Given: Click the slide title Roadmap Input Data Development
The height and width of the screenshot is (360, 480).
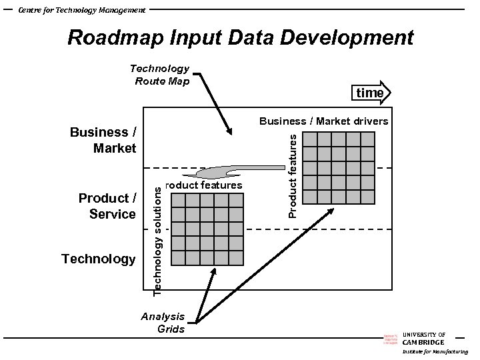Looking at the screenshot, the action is pyautogui.click(x=240, y=37).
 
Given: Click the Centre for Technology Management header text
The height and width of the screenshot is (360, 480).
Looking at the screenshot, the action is pyautogui.click(x=81, y=10).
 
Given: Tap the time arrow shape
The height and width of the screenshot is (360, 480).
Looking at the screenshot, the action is pyautogui.click(x=371, y=93).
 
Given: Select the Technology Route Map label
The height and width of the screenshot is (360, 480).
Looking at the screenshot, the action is pyautogui.click(x=160, y=75).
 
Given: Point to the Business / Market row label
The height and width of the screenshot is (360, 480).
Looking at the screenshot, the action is pyautogui.click(x=103, y=140).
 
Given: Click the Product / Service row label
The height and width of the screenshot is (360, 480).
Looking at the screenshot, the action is pyautogui.click(x=107, y=206).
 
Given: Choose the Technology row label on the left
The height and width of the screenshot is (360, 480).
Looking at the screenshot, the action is pyautogui.click(x=98, y=259).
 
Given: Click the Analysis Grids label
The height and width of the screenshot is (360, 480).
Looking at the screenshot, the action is pyautogui.click(x=163, y=323).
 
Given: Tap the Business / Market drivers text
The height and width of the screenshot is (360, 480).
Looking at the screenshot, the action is pyautogui.click(x=323, y=121).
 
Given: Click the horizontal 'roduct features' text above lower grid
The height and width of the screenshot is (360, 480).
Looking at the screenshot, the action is pyautogui.click(x=203, y=185).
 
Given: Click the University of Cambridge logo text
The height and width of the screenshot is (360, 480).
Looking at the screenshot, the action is pyautogui.click(x=423, y=339).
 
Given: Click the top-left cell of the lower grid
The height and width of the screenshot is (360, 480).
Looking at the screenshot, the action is pyautogui.click(x=179, y=201).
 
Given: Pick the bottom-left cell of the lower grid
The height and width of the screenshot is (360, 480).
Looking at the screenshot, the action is pyautogui.click(x=179, y=259).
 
